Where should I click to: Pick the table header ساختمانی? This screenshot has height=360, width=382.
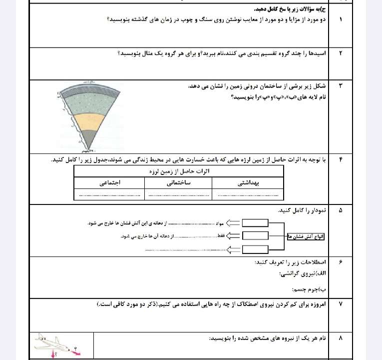(x=178, y=183)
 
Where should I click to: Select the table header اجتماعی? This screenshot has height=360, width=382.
(x=109, y=183)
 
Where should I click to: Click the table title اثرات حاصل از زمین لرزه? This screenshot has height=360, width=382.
(x=179, y=171)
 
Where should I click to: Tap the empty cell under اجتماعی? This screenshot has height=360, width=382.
(x=109, y=194)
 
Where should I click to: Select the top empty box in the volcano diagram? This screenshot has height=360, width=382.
(x=255, y=223)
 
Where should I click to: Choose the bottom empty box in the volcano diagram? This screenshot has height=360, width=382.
(x=255, y=249)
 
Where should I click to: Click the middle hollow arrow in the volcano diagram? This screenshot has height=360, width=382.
(x=233, y=235)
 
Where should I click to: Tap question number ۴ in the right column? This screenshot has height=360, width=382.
(x=341, y=159)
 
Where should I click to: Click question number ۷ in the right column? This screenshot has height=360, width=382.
(x=341, y=304)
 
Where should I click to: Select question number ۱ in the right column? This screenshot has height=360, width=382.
(x=341, y=19)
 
